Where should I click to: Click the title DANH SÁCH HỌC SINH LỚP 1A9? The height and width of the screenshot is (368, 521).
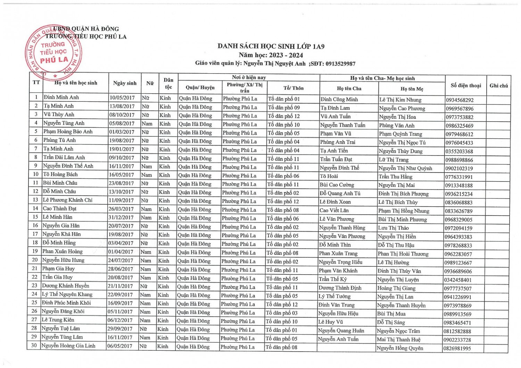[x=271, y=46]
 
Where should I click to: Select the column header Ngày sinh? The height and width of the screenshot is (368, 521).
[x=125, y=83]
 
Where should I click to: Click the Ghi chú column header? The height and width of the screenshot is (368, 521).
[x=498, y=85]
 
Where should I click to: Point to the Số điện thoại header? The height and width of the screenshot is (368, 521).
[x=466, y=85]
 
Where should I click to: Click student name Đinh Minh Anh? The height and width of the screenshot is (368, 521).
[x=61, y=97]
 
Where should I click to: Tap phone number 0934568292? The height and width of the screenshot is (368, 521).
[x=460, y=100]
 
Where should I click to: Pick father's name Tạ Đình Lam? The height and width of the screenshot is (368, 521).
[x=335, y=108]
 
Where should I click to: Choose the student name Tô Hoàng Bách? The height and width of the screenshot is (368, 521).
[x=60, y=174]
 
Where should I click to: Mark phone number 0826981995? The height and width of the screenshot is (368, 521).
[x=457, y=348]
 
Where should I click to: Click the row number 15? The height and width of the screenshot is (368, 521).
[x=35, y=217]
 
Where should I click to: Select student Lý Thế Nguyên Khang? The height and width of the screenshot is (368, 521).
[x=67, y=294]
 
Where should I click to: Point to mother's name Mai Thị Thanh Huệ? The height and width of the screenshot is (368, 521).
[x=398, y=340]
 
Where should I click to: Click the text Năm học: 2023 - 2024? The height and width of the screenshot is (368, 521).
[x=271, y=55]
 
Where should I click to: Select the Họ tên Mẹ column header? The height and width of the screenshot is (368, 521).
[x=412, y=89]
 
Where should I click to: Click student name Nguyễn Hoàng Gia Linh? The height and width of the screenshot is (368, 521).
[x=68, y=345]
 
